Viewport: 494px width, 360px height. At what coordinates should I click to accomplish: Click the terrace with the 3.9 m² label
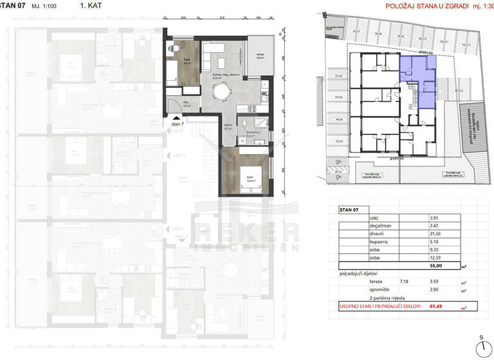point(261,59)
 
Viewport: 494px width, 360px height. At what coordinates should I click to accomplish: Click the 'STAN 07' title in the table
point(350,210)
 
